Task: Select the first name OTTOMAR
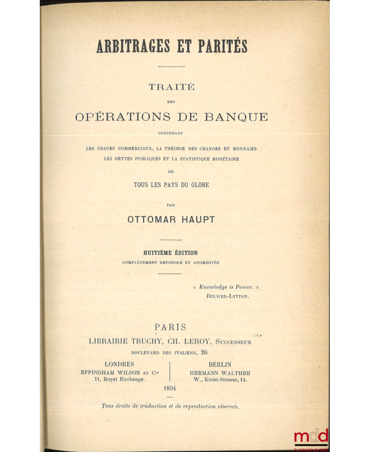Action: click(x=149, y=220)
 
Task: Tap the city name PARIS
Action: click(x=171, y=327)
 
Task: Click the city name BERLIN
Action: click(x=220, y=364)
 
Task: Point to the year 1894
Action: click(x=170, y=388)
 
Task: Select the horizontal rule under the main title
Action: click(x=171, y=67)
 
